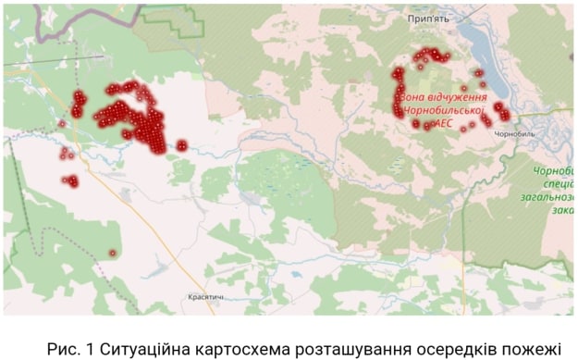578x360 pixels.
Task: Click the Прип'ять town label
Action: (427, 18)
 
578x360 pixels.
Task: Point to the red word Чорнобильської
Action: (442, 108)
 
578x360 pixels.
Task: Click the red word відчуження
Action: (453, 95)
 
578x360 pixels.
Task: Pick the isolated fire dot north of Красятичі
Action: (113, 253)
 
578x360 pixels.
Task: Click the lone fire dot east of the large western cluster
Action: (182, 144)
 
